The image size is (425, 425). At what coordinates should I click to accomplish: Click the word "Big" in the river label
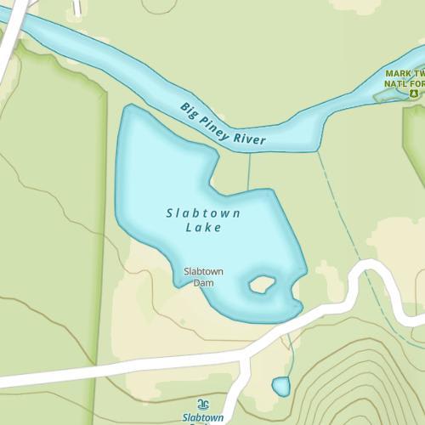point(189,110)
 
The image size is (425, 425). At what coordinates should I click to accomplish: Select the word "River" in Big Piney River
point(251,139)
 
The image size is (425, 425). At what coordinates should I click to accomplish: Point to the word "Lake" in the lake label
point(203,228)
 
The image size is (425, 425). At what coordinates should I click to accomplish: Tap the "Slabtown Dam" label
point(203,276)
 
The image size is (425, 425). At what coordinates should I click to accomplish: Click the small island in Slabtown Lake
point(259,285)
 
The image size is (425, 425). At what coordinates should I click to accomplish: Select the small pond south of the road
point(280,387)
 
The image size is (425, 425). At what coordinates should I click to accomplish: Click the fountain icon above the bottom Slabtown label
point(202,404)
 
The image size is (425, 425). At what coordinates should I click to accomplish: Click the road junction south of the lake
point(246,355)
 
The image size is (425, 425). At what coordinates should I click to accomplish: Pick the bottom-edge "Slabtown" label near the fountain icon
point(203,418)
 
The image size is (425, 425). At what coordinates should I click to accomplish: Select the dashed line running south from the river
point(348,221)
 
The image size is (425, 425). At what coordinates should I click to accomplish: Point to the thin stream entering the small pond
point(287,357)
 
